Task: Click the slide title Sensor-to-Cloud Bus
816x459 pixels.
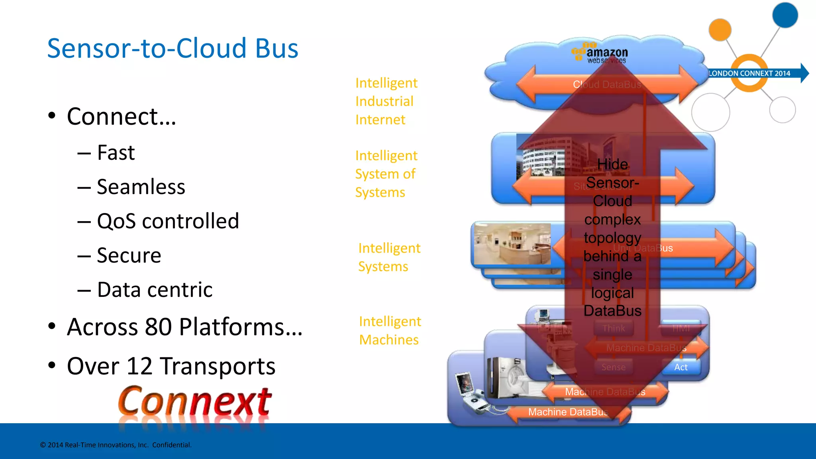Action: [173, 48]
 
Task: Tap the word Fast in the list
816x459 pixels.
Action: [116, 153]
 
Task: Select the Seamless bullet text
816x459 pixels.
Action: [141, 187]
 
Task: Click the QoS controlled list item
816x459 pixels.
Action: [168, 221]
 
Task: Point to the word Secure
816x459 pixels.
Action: [129, 255]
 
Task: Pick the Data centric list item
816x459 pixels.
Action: [155, 290]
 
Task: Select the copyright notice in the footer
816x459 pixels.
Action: [116, 445]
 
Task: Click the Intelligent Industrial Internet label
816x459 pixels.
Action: [386, 101]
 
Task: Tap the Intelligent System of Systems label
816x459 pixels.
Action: [386, 174]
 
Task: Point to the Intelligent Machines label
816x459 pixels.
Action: [390, 331]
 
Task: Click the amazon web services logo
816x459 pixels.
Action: [601, 53]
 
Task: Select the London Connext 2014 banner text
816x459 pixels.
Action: [749, 73]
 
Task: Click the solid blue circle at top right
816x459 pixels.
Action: [785, 15]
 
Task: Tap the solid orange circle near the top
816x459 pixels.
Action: [720, 29]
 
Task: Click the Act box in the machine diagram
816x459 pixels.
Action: [681, 367]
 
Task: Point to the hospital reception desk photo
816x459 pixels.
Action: [512, 243]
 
